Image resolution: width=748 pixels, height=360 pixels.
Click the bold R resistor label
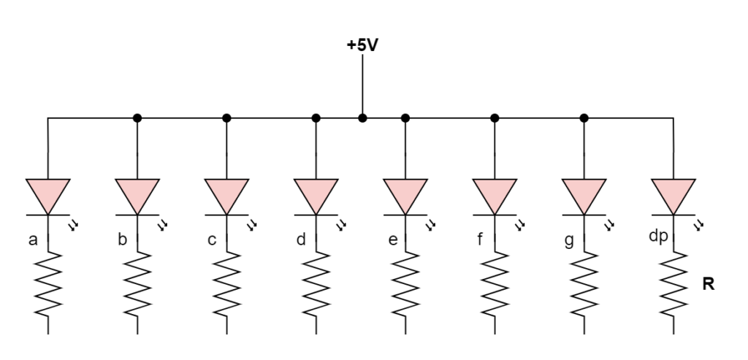click(707, 285)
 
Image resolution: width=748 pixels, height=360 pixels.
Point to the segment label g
click(569, 239)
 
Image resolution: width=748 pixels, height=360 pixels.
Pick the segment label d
click(301, 239)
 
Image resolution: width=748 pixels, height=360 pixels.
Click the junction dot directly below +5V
click(362, 118)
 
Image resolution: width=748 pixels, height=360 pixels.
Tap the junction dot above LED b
click(137, 118)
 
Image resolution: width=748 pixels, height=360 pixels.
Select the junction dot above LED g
click(584, 118)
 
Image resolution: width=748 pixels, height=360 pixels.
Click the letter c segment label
click(212, 239)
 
